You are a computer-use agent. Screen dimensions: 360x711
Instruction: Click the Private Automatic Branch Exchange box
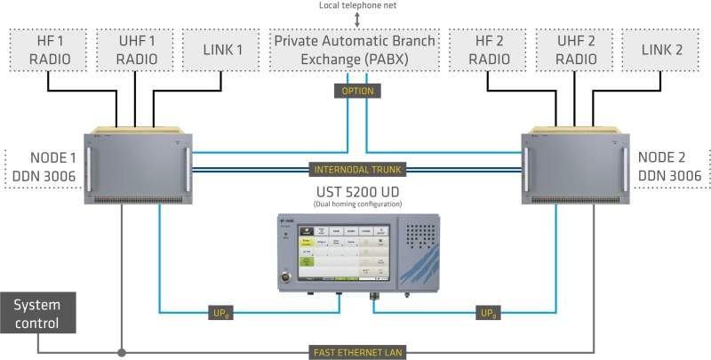coord(355,51)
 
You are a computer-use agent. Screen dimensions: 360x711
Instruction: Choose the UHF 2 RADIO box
coord(574,51)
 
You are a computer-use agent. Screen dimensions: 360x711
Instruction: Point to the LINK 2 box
coord(660,51)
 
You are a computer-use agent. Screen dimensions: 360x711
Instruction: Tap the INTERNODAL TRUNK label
coord(355,168)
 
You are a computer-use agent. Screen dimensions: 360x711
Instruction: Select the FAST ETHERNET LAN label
coord(355,353)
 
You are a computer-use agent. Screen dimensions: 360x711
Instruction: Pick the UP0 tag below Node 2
coord(486,312)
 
